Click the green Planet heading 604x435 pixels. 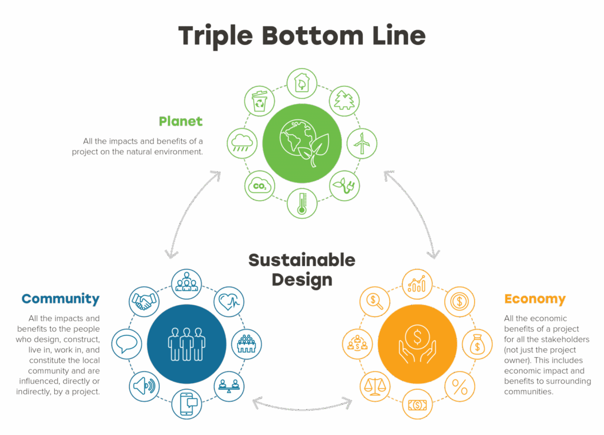click(180, 122)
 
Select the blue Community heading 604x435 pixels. click(61, 299)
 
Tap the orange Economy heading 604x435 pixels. click(535, 299)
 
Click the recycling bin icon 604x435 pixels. click(260, 102)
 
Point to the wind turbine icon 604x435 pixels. click(362, 143)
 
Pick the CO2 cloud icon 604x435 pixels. click(260, 186)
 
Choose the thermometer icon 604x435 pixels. click(302, 203)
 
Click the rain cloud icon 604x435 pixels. click(242, 143)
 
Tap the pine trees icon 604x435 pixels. click(344, 102)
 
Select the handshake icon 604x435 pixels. click(144, 302)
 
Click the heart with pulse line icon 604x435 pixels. click(229, 302)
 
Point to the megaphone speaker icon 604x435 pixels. click(144, 386)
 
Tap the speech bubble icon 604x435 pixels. click(127, 344)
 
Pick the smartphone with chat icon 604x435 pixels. click(186, 404)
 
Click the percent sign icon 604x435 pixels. click(459, 387)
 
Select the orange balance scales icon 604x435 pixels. click(375, 387)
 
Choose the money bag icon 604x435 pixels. click(477, 344)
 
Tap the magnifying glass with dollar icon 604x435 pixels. click(375, 302)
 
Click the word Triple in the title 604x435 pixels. click(215, 37)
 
